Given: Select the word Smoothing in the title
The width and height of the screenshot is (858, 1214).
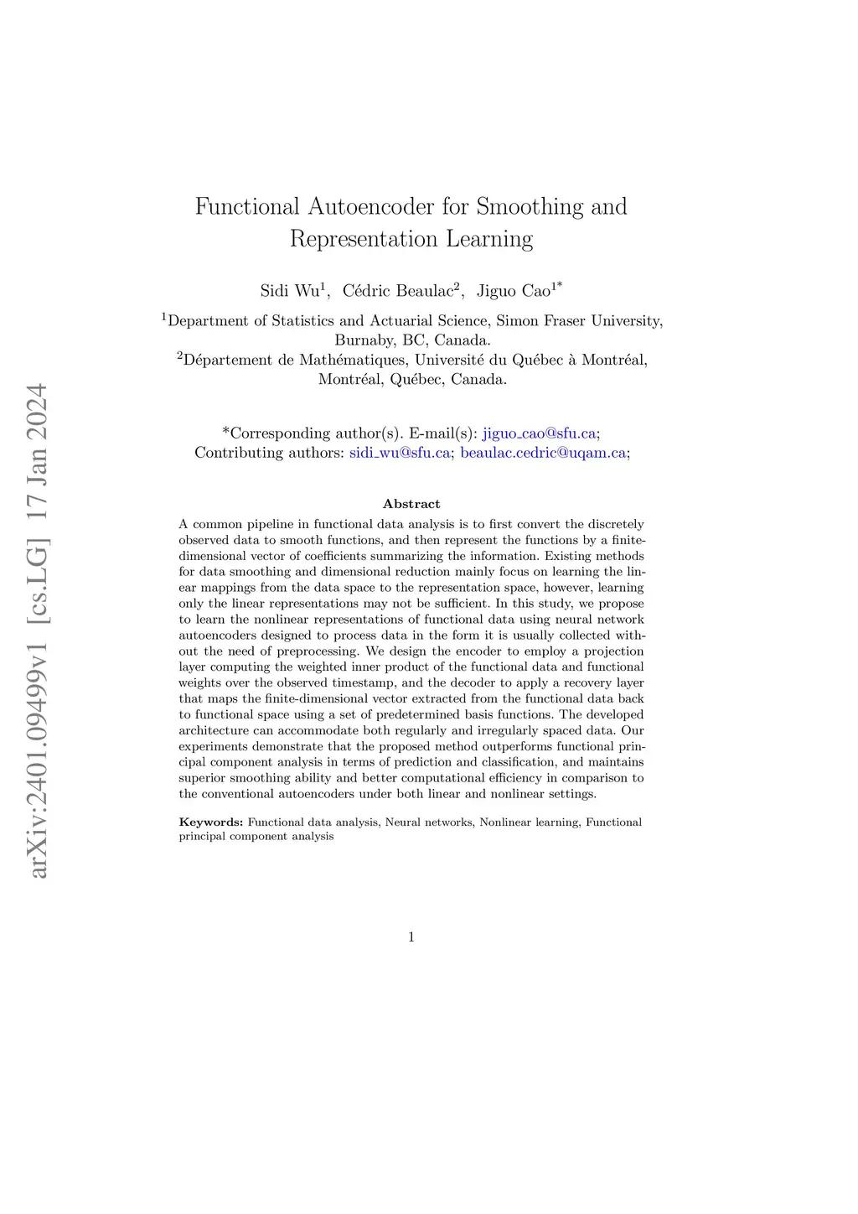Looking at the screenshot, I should tap(530, 206).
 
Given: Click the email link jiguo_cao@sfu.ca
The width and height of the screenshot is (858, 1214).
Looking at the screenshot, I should tap(539, 433).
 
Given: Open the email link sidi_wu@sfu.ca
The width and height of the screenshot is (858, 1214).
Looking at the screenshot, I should tap(399, 453).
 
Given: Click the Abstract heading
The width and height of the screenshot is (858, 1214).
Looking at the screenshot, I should tap(411, 504).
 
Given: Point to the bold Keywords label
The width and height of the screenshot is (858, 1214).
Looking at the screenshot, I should tap(211, 822).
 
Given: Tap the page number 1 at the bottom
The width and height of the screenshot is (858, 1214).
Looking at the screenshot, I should tap(411, 937).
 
